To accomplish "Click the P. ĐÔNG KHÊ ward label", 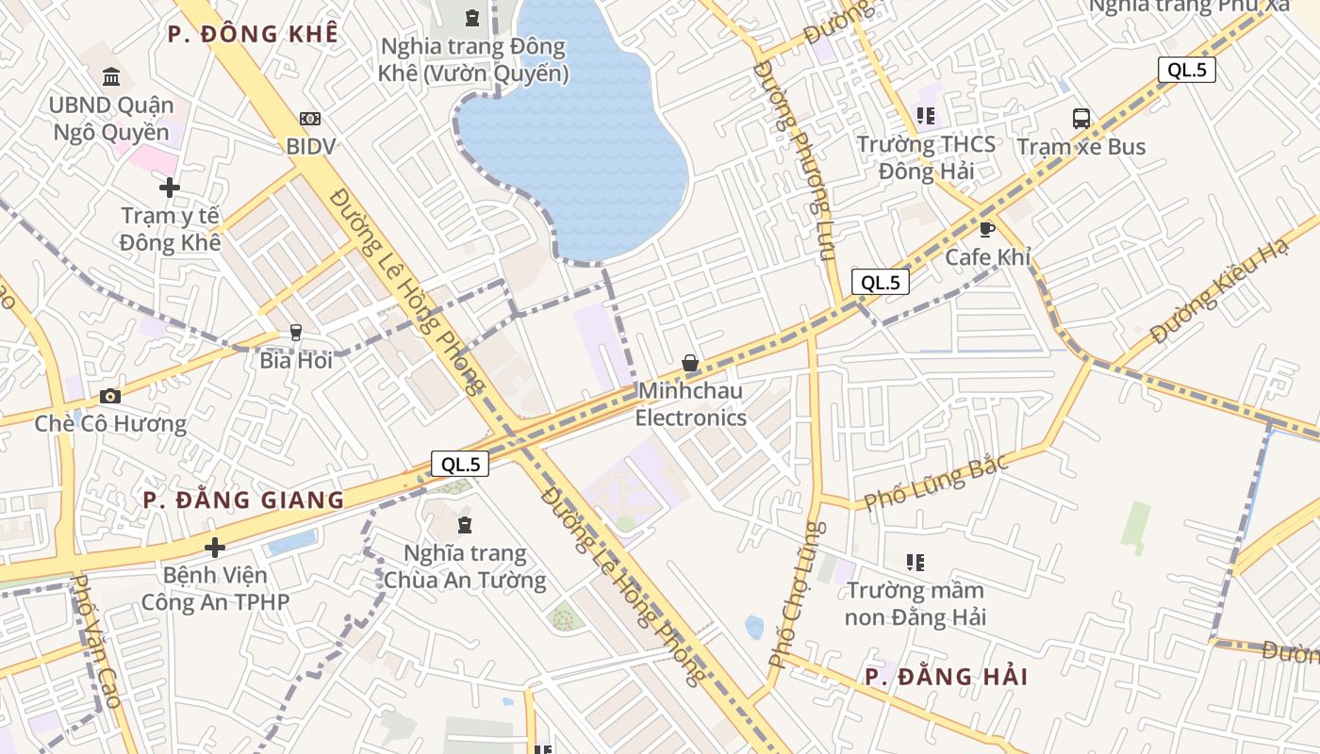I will coord(253,34).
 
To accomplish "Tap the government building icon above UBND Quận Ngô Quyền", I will coord(111,76).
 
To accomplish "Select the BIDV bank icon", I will coord(310,119).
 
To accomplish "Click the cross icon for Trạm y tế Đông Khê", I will coord(170,188).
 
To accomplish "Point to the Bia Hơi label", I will coord(296,360).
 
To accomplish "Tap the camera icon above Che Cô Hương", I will coord(110,396).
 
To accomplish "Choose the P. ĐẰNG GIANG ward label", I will coord(243,500).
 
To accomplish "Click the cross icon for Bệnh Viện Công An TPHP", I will coord(215,547).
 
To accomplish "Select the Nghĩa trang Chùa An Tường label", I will coord(465,566).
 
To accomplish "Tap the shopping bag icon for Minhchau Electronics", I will coord(690,363).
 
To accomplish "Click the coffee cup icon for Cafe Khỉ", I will coord(987,229).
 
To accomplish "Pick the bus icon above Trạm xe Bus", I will coord(1081,119).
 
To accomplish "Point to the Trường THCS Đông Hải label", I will coord(926,157).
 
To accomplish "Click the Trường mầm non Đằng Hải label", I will coord(915,604).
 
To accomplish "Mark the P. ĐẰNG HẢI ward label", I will coord(946,677).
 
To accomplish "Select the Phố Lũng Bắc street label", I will coord(936,481).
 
